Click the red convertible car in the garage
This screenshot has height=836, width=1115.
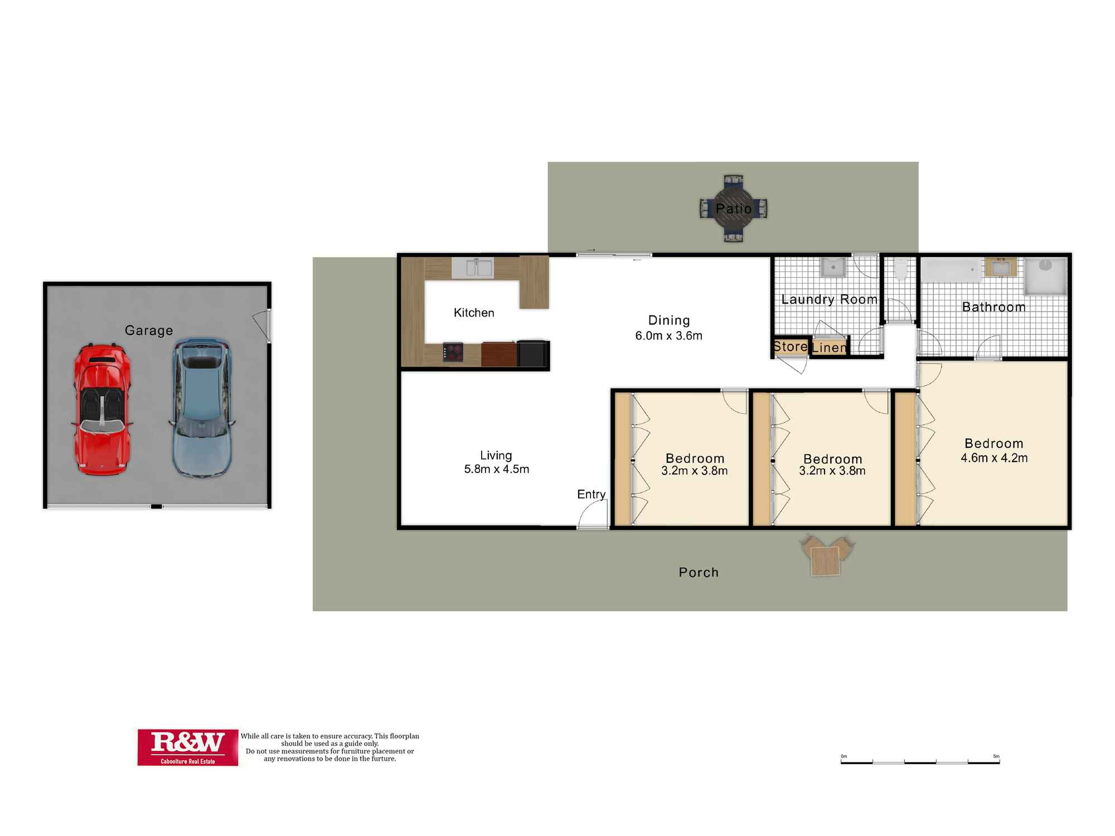(x=103, y=410)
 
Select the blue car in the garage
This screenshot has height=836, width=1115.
(x=201, y=407)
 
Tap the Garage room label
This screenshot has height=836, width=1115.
(x=149, y=330)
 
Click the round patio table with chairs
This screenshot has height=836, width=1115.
(x=734, y=208)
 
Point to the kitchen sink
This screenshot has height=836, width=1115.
(x=473, y=268)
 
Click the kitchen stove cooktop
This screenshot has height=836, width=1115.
(x=453, y=352)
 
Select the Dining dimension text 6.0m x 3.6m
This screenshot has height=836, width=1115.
(x=669, y=336)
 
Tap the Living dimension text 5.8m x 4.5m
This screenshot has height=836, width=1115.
(x=497, y=469)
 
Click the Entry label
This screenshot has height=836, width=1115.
(x=591, y=494)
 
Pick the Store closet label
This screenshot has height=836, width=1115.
(x=791, y=347)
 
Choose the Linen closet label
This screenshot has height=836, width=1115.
(x=829, y=348)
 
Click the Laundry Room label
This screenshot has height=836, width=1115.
(x=829, y=299)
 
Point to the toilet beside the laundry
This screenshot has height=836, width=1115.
(x=900, y=268)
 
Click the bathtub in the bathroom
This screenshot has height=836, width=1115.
(x=951, y=270)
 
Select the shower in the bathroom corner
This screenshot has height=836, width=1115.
(x=1046, y=276)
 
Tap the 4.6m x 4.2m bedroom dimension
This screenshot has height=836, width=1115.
(x=994, y=458)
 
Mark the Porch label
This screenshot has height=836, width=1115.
(x=699, y=572)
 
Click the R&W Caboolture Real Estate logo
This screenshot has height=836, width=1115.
(x=188, y=747)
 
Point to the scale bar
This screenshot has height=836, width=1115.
(x=920, y=762)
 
